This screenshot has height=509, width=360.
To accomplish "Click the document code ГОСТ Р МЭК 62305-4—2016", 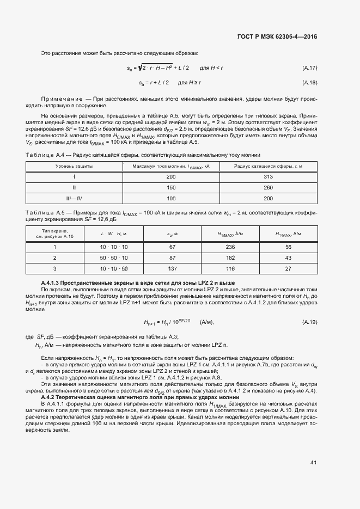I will (x=277, y=36).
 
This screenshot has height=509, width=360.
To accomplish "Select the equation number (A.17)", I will (x=309, y=68).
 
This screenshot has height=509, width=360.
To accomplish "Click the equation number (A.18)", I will (x=309, y=83).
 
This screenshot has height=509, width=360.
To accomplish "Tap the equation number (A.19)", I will (x=309, y=322).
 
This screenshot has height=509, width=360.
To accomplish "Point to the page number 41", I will (x=313, y=462).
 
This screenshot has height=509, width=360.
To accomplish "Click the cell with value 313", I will (x=267, y=177).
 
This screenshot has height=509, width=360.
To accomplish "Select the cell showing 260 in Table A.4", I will (x=267, y=188).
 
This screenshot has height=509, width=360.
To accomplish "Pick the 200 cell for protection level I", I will (x=171, y=177).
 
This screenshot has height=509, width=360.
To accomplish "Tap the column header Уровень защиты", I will (x=74, y=166).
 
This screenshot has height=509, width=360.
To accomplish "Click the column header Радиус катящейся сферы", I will (x=267, y=166).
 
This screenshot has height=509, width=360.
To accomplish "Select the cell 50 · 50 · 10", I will (x=113, y=257).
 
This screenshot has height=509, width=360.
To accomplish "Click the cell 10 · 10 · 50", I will (x=113, y=268).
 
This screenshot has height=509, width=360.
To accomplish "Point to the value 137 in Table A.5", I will (x=172, y=268).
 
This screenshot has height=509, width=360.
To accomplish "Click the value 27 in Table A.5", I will (x=289, y=268).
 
